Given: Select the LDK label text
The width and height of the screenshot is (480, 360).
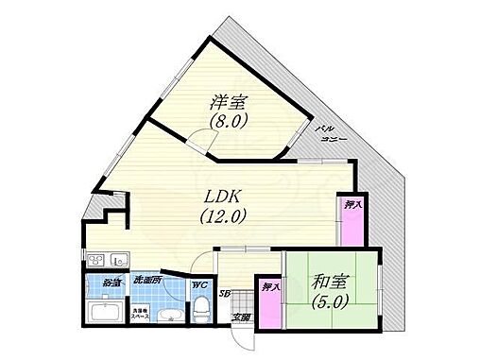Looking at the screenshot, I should tap(223, 197).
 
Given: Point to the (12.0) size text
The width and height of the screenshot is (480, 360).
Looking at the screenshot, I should tap(223, 215).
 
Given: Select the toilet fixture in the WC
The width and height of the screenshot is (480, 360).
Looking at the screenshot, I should tap(200, 311).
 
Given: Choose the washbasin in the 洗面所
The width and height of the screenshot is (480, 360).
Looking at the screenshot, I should tap(171, 315).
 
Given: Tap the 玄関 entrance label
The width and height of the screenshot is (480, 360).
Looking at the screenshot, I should tap(242, 318).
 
